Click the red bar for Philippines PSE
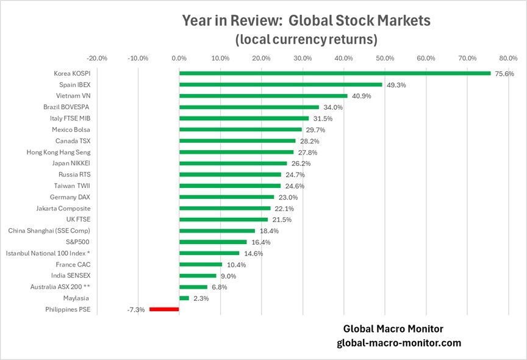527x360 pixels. click(x=164, y=309)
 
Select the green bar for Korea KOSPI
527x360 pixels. click(x=335, y=73)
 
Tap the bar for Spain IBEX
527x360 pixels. click(x=281, y=85)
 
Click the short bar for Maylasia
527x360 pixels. click(x=184, y=298)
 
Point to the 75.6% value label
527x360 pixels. click(x=503, y=74)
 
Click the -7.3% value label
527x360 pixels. click(x=136, y=310)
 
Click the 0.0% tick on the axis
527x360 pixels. click(x=179, y=59)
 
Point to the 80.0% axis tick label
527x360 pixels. click(x=509, y=59)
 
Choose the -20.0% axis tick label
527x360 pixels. click(x=97, y=59)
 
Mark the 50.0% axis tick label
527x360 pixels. click(x=385, y=59)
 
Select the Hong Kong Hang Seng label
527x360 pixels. click(x=59, y=152)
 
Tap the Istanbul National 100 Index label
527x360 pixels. click(x=48, y=253)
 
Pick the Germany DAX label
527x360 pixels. click(x=70, y=197)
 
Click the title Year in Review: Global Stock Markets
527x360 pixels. click(x=306, y=20)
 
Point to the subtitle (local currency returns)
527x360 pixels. click(x=306, y=40)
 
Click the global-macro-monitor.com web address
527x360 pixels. click(x=399, y=343)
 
